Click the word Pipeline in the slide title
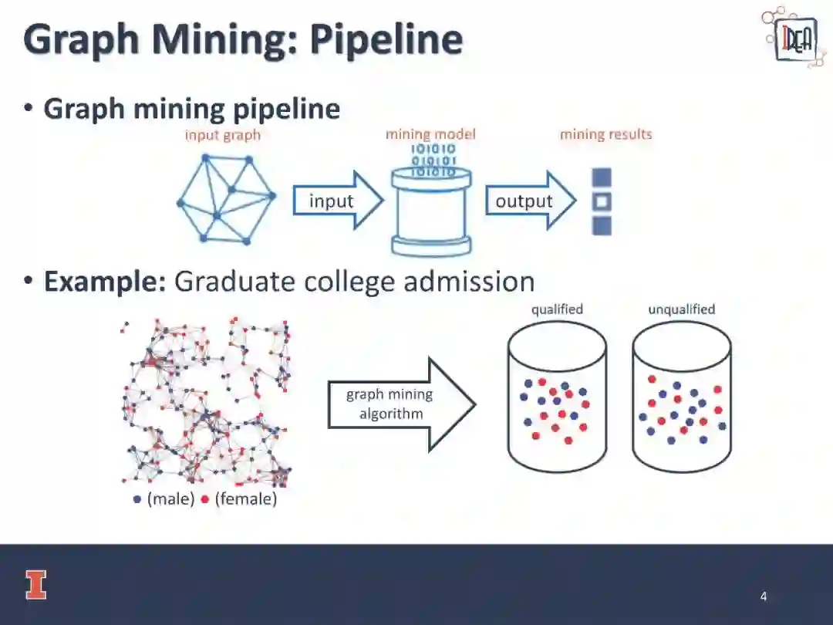click(386, 40)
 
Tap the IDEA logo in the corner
click(794, 38)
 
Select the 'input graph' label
click(222, 135)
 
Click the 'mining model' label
click(430, 134)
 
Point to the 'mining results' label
click(605, 134)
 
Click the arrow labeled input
click(337, 201)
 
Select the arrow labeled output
click(530, 201)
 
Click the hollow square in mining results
click(602, 202)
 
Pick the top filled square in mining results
click(602, 177)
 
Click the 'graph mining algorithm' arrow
click(401, 404)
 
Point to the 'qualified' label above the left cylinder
click(557, 309)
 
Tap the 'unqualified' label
click(681, 309)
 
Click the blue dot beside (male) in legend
click(137, 499)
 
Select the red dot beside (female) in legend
click(205, 499)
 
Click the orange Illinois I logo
click(35, 585)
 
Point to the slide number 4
click(764, 596)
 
